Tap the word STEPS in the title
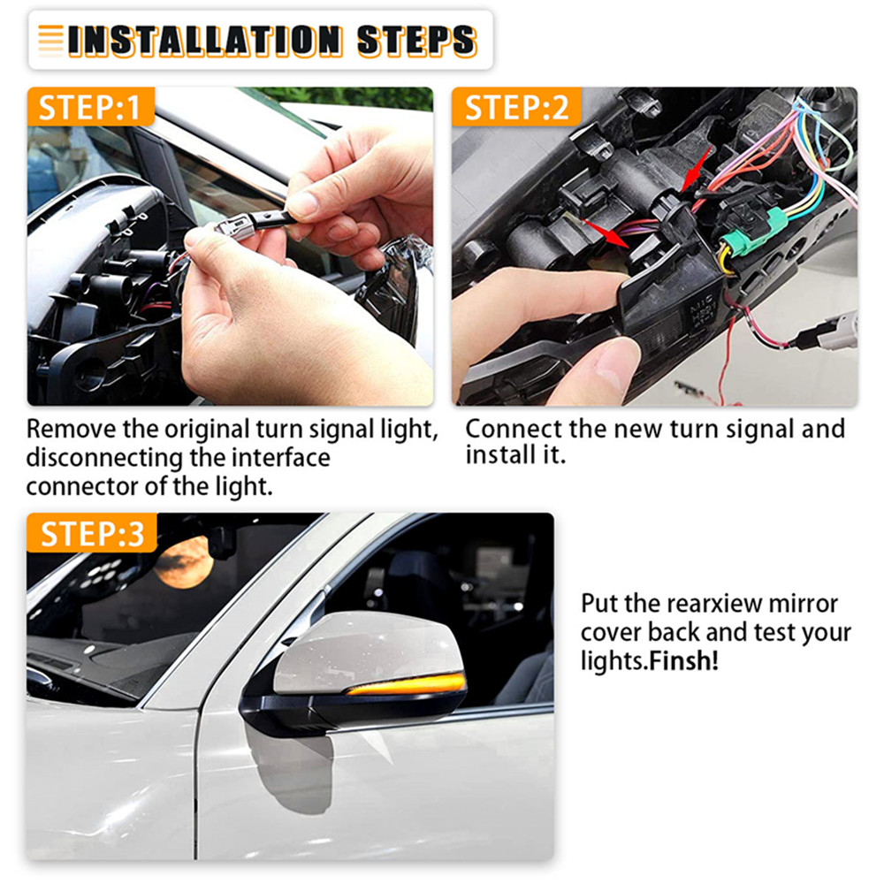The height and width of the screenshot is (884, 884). (417, 41)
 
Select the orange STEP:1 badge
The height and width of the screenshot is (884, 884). (90, 107)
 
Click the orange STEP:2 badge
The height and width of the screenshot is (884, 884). (516, 107)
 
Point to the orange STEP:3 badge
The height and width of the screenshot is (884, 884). (91, 533)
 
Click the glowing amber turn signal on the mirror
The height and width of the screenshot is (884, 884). (407, 683)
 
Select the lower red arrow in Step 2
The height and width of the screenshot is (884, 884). (606, 232)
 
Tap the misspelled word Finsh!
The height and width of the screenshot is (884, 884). (684, 660)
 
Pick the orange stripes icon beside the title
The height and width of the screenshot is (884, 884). (50, 42)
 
